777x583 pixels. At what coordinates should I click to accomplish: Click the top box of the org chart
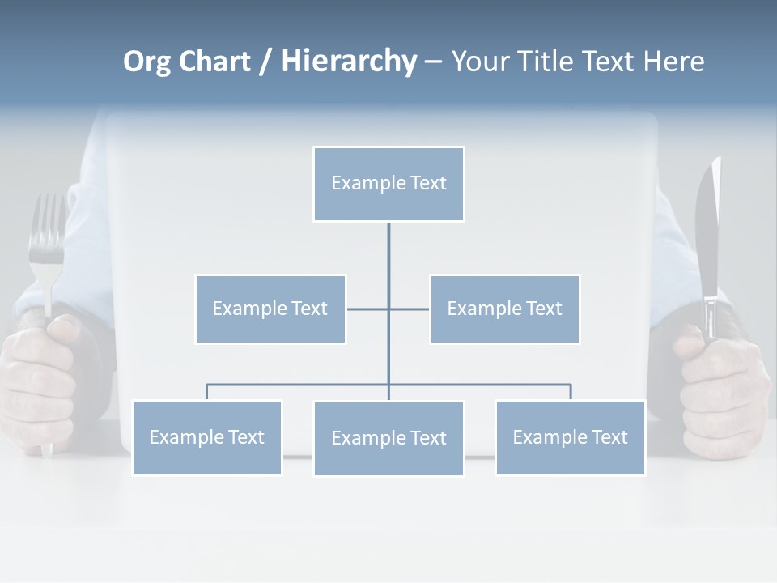click(388, 184)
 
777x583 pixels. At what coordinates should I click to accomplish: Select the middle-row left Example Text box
click(270, 309)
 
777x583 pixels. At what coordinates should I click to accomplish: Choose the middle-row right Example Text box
click(504, 309)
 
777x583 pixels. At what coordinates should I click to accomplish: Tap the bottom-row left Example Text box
click(206, 437)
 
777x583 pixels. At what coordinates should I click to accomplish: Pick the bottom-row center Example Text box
click(388, 438)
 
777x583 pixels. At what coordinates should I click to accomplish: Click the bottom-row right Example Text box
click(570, 437)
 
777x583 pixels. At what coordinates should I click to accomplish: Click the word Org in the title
click(146, 62)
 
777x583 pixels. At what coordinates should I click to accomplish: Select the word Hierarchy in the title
click(349, 62)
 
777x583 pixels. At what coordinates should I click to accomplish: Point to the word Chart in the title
click(214, 62)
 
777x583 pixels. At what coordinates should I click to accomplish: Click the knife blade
click(708, 235)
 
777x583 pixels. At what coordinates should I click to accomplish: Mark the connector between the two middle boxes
click(368, 309)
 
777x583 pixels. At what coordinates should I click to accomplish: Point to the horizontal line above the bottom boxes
click(299, 385)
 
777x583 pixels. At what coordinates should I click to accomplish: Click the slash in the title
click(265, 62)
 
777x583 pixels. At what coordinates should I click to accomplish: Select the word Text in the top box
click(427, 183)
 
